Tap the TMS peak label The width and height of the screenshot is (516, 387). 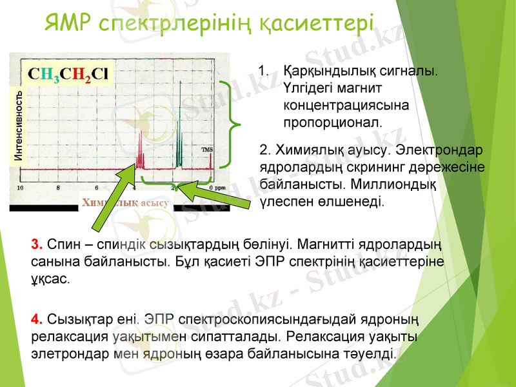[x=207, y=150]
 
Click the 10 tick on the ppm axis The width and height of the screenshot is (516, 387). [x=21, y=188]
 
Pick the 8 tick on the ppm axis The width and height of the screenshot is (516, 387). [x=59, y=188]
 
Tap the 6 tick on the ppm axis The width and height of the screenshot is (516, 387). [x=97, y=188]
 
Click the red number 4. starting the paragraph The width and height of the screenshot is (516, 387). [x=37, y=319]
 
